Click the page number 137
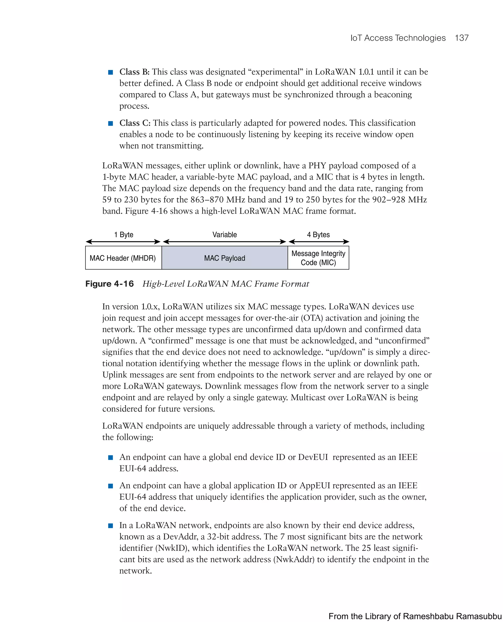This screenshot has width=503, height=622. pos(461,38)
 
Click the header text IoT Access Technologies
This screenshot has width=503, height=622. pos(398,38)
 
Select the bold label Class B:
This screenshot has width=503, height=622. pos(134,72)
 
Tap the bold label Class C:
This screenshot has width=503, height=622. pos(135,123)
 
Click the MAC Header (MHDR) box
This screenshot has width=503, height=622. pos(123,258)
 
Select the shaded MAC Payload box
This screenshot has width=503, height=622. pos(224,258)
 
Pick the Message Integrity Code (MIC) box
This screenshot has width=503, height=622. pos(318,258)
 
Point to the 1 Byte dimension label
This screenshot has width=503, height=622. pos(124,235)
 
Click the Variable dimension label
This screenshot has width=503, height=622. pos(224,235)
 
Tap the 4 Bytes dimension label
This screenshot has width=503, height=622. pos(318,235)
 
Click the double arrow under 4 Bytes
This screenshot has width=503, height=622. pos(319,242)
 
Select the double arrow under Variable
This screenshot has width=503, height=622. pos(224,242)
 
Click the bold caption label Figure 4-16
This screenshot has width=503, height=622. pos(110,284)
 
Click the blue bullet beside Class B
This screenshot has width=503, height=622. pos(110,72)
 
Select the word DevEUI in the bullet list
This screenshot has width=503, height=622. pos(313,457)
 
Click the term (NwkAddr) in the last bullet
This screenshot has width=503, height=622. pos(294,559)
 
